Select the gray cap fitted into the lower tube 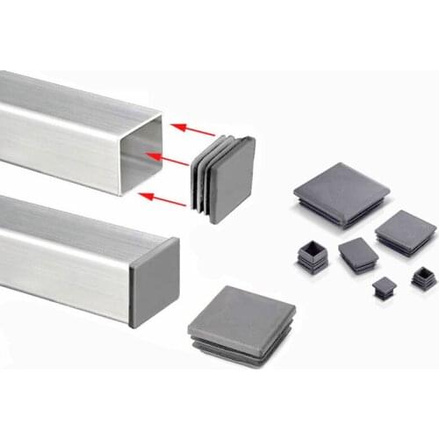click(154, 281)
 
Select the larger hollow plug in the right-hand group click(313, 255)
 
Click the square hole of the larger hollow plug click(313, 249)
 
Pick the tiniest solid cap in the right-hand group click(384, 287)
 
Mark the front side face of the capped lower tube click(61, 263)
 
